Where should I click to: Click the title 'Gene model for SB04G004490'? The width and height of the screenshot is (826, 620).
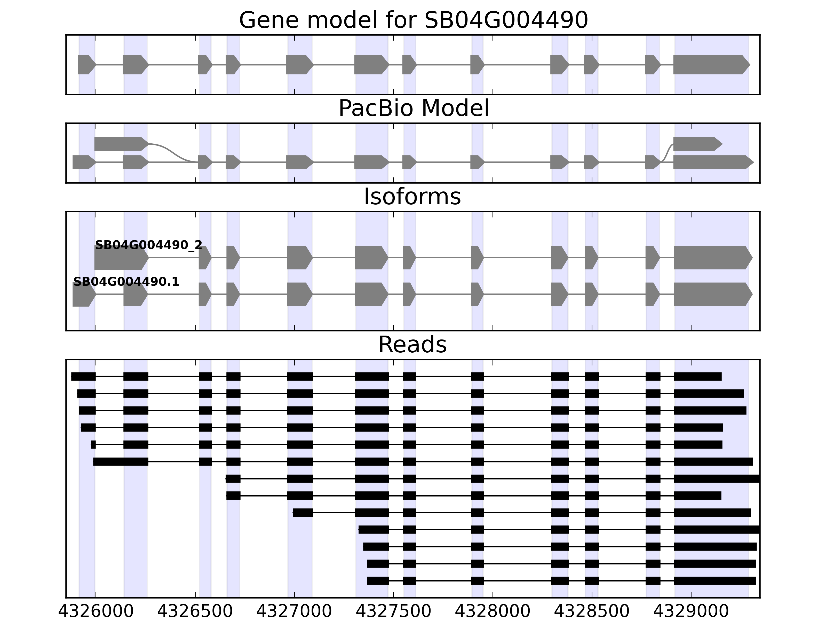[413, 20]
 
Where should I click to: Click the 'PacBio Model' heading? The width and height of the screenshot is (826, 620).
[413, 109]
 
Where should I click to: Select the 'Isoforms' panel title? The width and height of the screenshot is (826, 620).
[412, 197]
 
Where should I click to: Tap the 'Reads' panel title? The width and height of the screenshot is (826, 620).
[412, 345]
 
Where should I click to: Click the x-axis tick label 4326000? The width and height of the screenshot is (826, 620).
[96, 611]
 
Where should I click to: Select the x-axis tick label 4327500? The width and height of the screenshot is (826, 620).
[394, 611]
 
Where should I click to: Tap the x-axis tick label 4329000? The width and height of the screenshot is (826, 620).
[691, 611]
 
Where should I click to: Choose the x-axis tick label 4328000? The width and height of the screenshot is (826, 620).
[493, 611]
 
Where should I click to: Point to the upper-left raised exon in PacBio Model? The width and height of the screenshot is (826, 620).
[121, 144]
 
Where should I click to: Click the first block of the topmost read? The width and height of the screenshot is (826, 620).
[83, 377]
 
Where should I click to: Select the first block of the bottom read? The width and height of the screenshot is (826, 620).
[378, 581]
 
